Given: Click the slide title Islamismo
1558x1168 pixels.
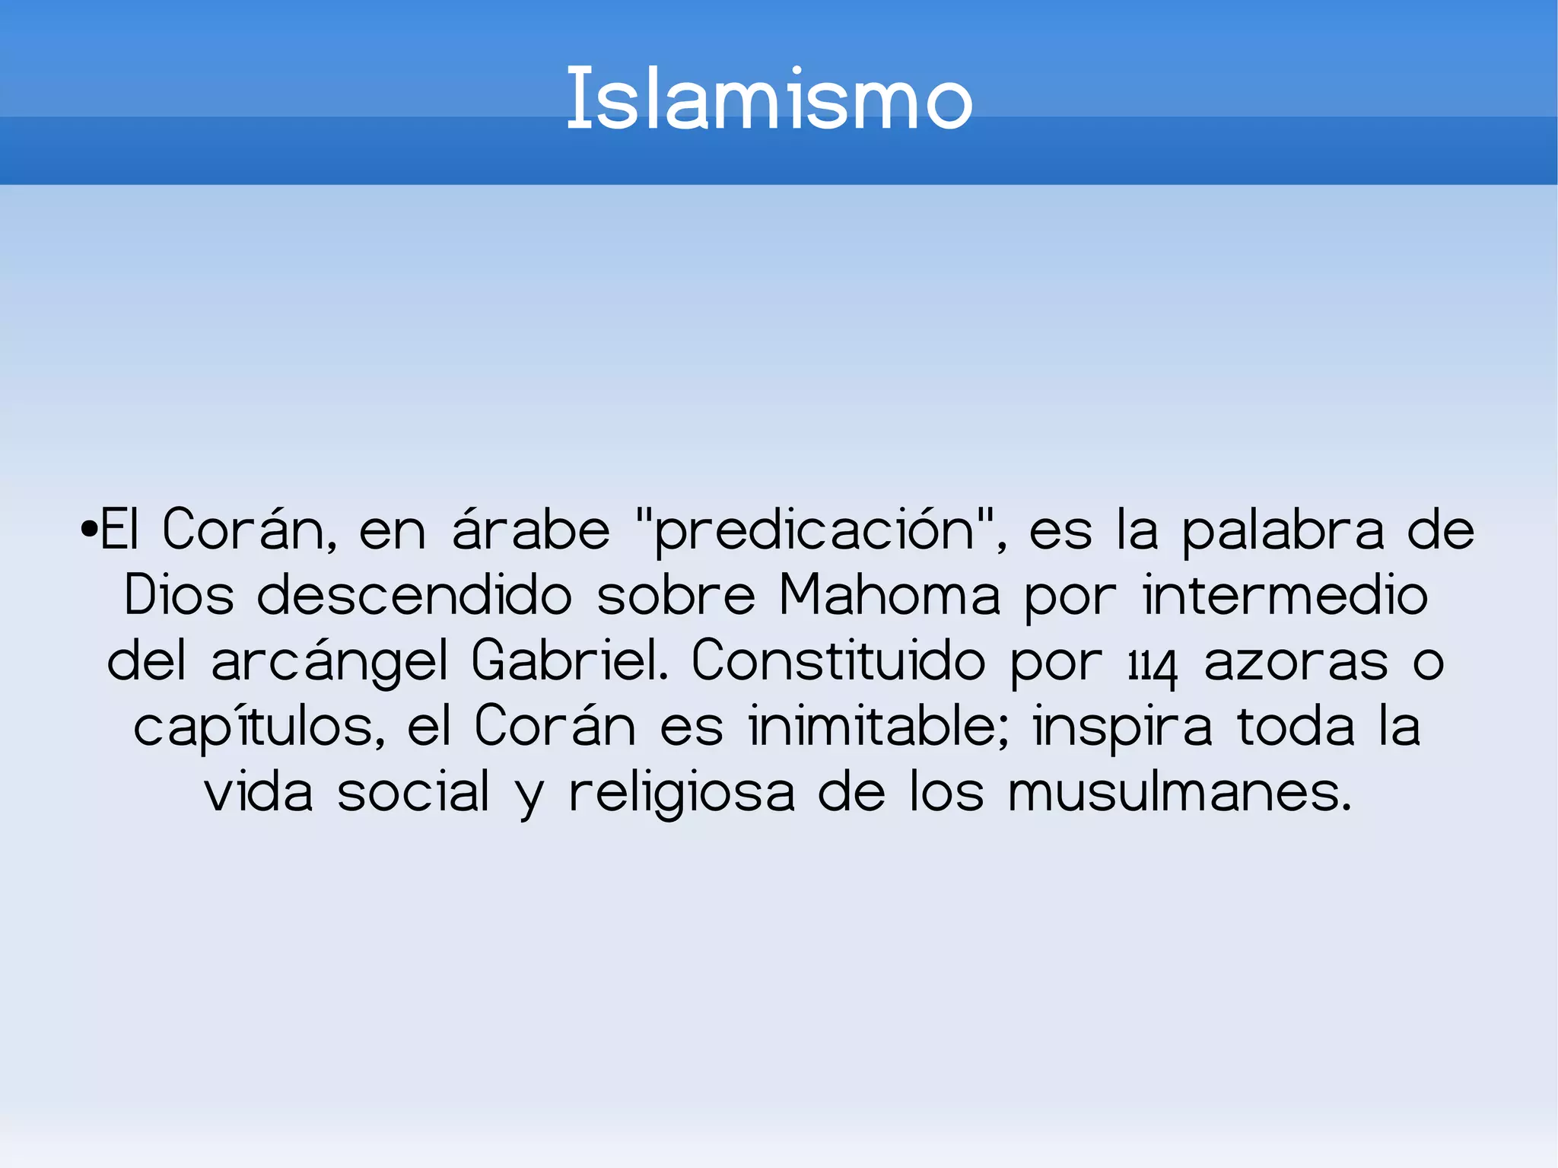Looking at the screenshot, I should pos(769,99).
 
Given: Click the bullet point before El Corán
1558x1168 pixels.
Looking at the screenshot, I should pos(89,528).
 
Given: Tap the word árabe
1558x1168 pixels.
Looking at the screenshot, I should pos(530,530).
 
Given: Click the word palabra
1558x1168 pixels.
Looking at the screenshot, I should pos(1283,530).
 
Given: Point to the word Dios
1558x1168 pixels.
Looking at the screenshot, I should pos(179,595).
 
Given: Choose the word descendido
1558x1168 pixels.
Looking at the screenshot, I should pos(414,595).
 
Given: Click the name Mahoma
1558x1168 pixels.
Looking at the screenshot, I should pos(889,595).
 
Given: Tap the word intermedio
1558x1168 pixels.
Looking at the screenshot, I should pos(1285,595).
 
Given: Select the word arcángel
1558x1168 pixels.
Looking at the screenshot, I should pos(329,662).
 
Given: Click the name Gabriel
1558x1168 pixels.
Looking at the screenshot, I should pos(569,660).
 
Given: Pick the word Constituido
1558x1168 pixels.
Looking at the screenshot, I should pos(838,660).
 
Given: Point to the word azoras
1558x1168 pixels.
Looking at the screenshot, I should pos(1296,662).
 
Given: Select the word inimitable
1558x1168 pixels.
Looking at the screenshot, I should pos(878,727).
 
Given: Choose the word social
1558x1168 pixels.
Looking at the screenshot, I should pos(413,792).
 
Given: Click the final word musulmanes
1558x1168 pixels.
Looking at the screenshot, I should pos(1179,792).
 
